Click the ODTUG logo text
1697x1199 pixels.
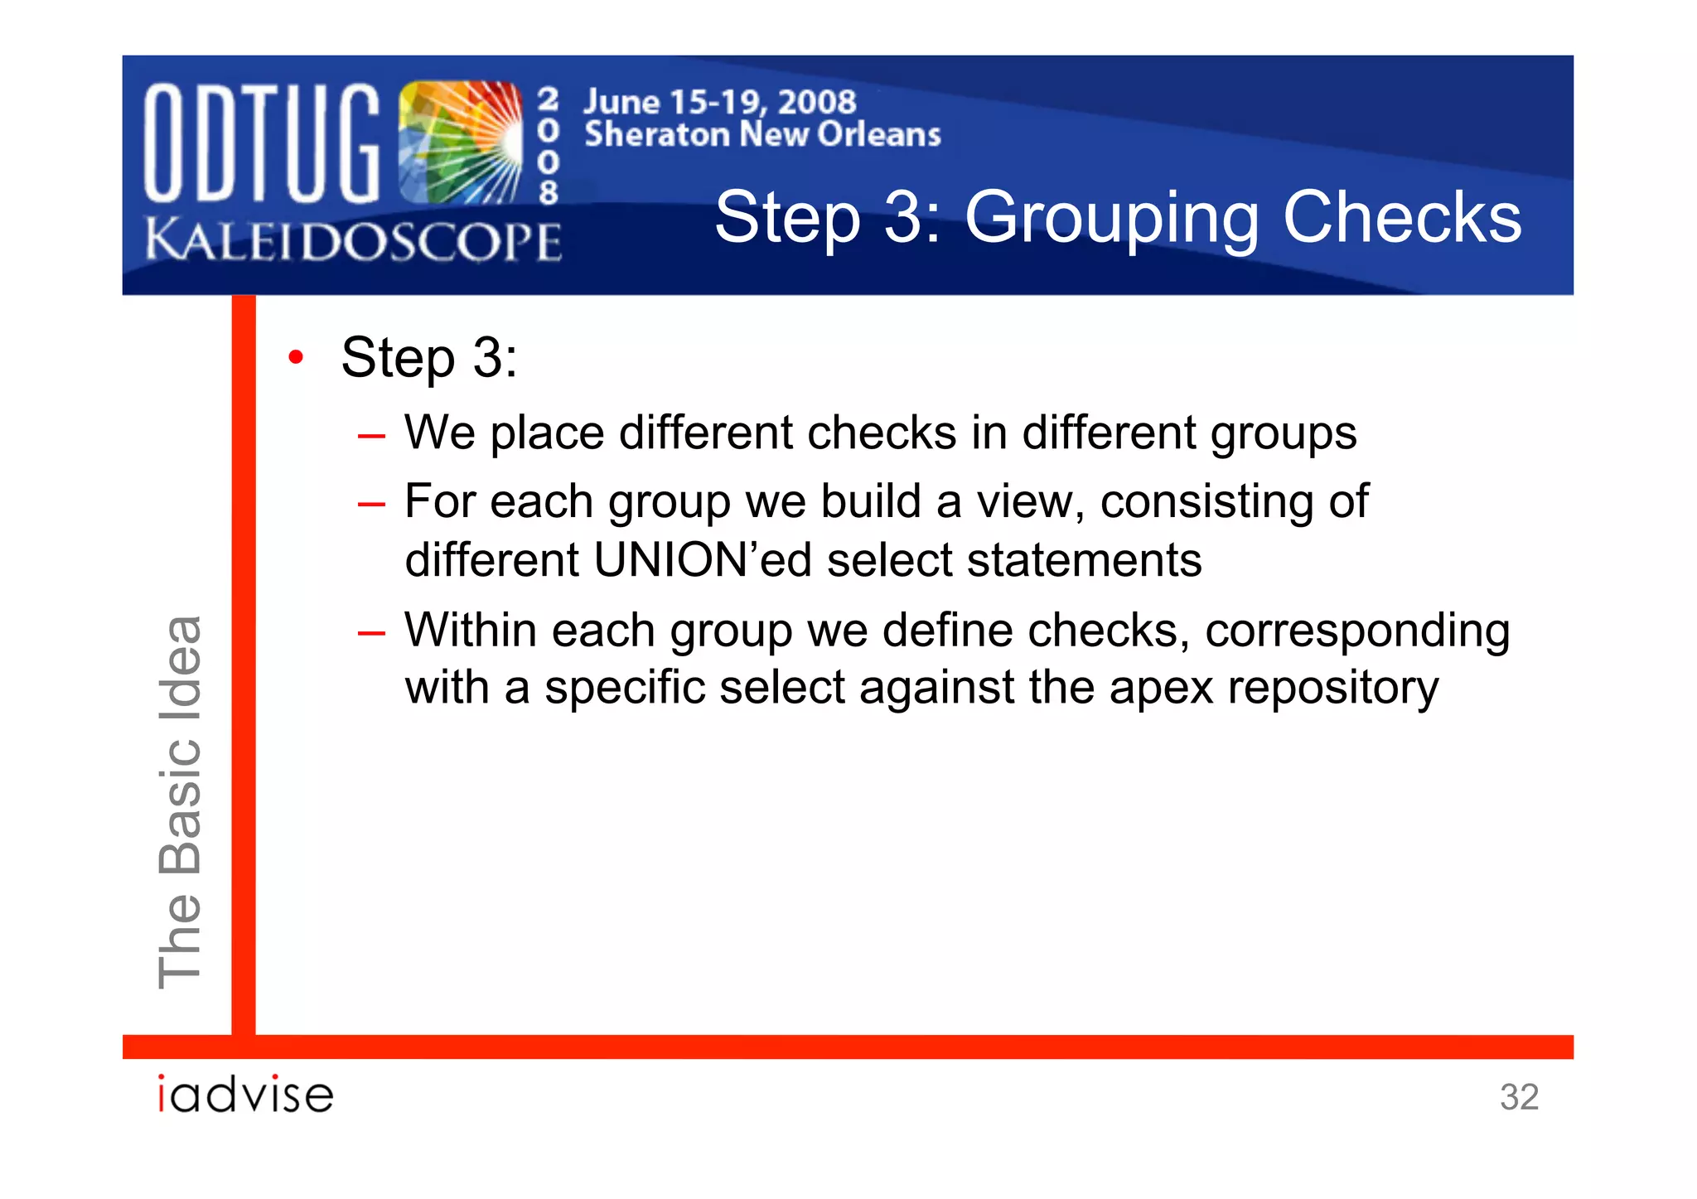[x=262, y=143]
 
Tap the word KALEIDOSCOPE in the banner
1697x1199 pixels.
[x=353, y=241]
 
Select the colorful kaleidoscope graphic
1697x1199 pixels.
[x=460, y=143]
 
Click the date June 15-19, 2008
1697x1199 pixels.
[x=719, y=102]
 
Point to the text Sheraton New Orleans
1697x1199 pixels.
[x=762, y=134]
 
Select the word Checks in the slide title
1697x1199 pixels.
[x=1402, y=217]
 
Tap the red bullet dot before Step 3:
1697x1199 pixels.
[x=296, y=358]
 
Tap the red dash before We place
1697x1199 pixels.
[x=371, y=435]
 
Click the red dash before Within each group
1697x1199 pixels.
[x=371, y=633]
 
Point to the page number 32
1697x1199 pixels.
[x=1519, y=1097]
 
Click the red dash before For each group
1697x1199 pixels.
[x=371, y=504]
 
